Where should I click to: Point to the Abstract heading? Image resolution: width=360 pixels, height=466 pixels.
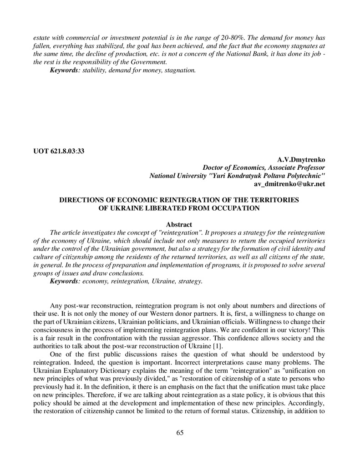pyautogui.click(x=180, y=224)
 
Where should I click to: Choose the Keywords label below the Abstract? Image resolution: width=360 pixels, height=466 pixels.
pyautogui.click(x=63, y=282)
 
